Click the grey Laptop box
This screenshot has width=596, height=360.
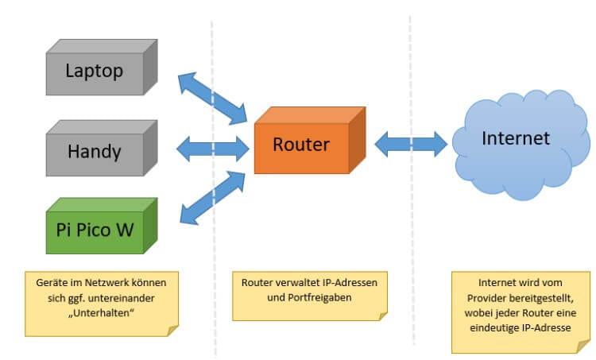95,72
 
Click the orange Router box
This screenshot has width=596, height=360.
302,145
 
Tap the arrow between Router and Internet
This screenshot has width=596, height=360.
411,144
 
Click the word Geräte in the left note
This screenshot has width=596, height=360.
52,281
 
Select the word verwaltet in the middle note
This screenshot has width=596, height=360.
300,281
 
